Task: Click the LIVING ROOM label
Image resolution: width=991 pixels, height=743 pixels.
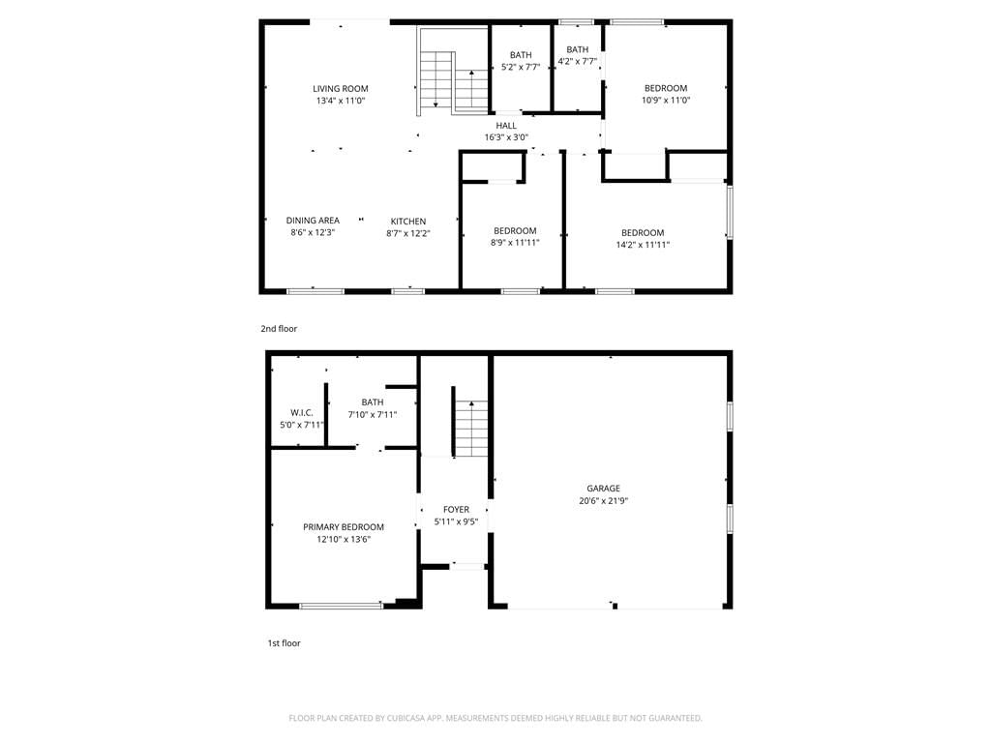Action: tap(340, 88)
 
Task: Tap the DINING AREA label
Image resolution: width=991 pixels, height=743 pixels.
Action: tap(313, 221)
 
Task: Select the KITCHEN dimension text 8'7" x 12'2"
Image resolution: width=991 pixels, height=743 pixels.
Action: tap(408, 233)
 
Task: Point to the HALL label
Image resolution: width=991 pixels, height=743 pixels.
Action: tap(506, 125)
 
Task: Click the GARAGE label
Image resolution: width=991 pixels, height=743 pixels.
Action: tap(604, 489)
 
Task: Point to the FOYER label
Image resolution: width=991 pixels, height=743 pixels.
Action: tap(457, 509)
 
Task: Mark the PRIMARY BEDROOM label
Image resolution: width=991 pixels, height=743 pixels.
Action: tap(344, 527)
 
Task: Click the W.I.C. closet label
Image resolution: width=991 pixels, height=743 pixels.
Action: tap(302, 412)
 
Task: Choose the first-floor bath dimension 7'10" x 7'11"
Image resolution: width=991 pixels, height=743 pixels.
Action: tap(373, 414)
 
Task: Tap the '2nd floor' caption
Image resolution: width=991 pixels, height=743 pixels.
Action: tap(279, 329)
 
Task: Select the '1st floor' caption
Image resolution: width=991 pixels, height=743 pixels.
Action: tap(284, 643)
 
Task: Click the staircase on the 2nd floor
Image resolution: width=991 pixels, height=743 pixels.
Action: tap(453, 73)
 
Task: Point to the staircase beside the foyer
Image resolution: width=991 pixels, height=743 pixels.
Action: tap(471, 428)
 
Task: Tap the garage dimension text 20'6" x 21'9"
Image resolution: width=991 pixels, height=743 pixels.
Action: tap(604, 501)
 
